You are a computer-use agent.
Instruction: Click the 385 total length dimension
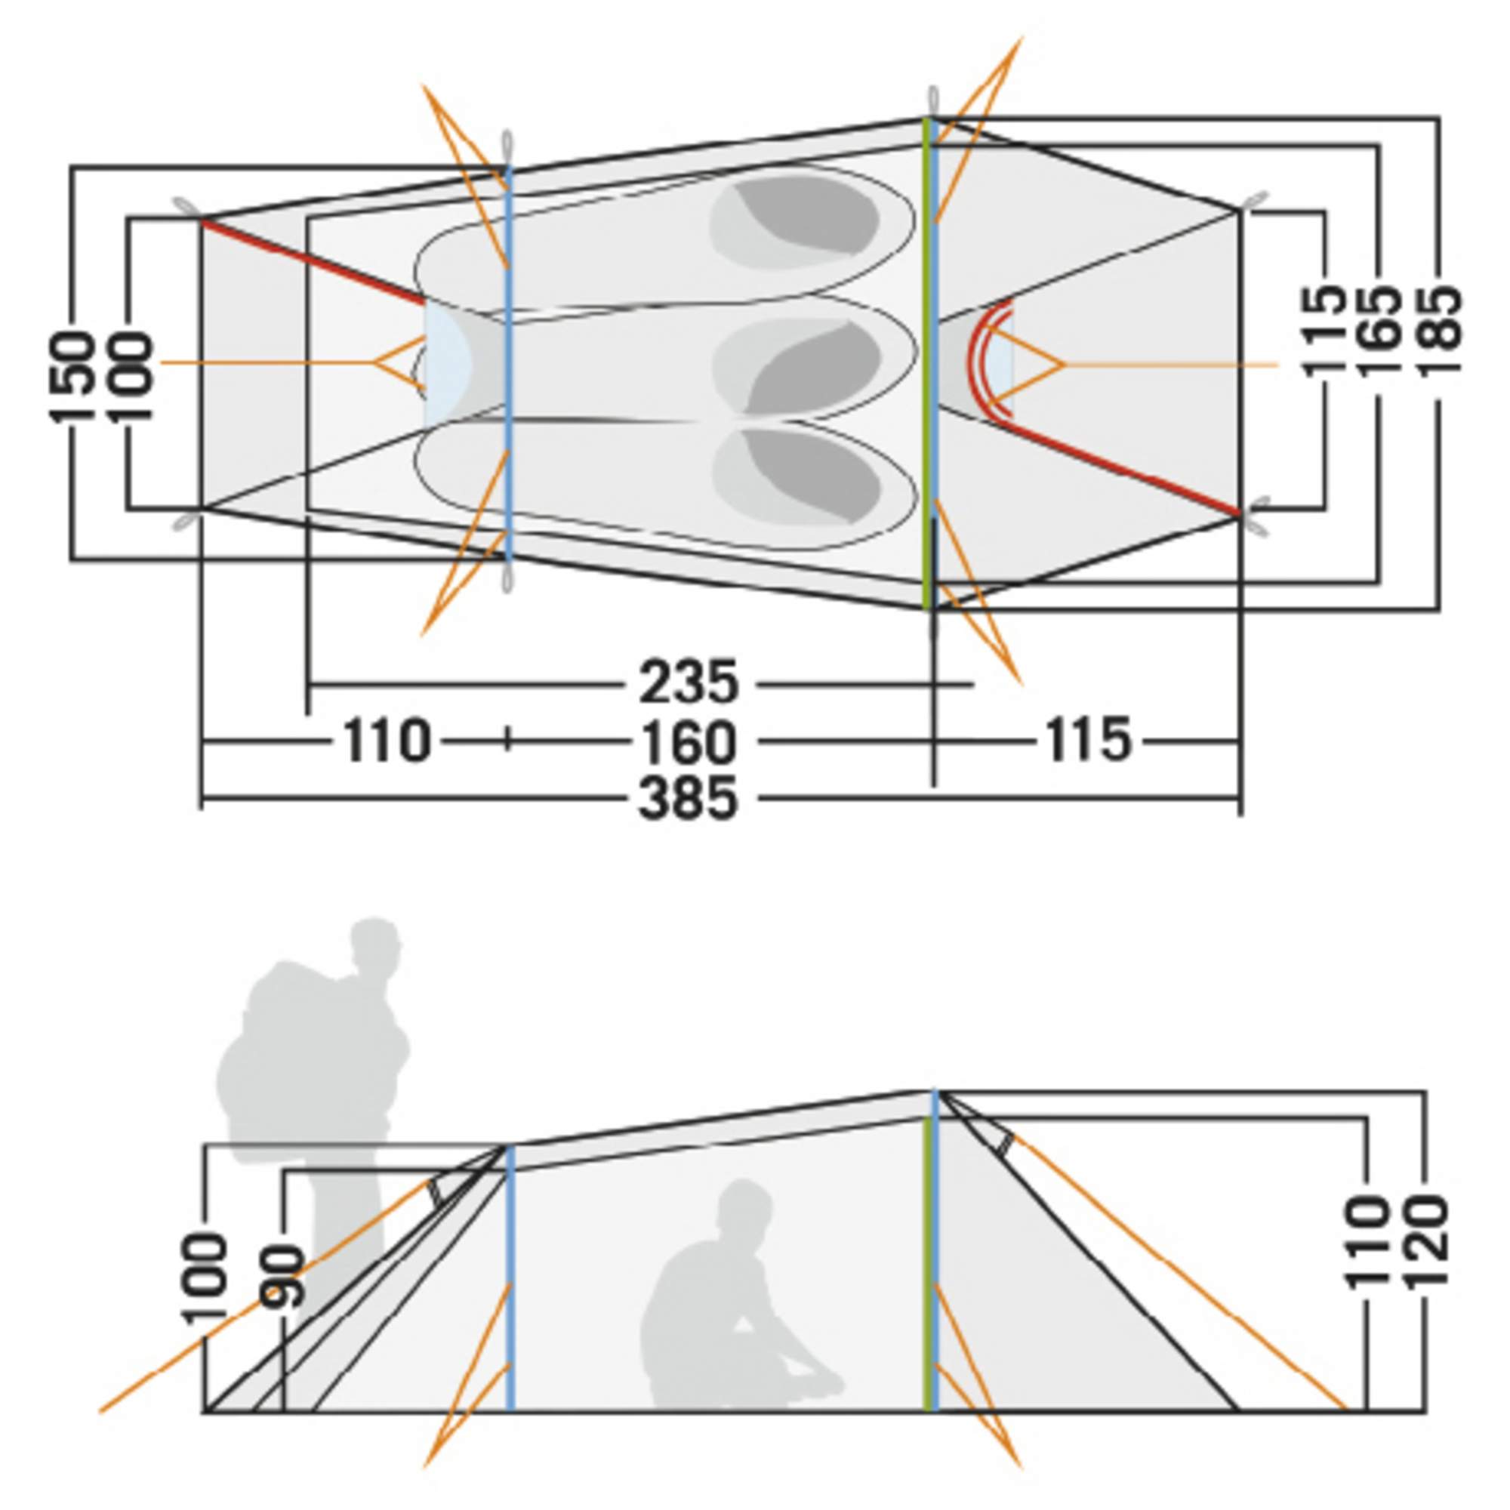(688, 798)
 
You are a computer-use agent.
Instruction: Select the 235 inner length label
(688, 683)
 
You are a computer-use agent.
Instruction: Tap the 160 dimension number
(688, 741)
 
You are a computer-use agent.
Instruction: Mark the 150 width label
(71, 377)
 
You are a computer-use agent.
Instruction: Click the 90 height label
(283, 1275)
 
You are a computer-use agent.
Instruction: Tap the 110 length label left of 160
(386, 741)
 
